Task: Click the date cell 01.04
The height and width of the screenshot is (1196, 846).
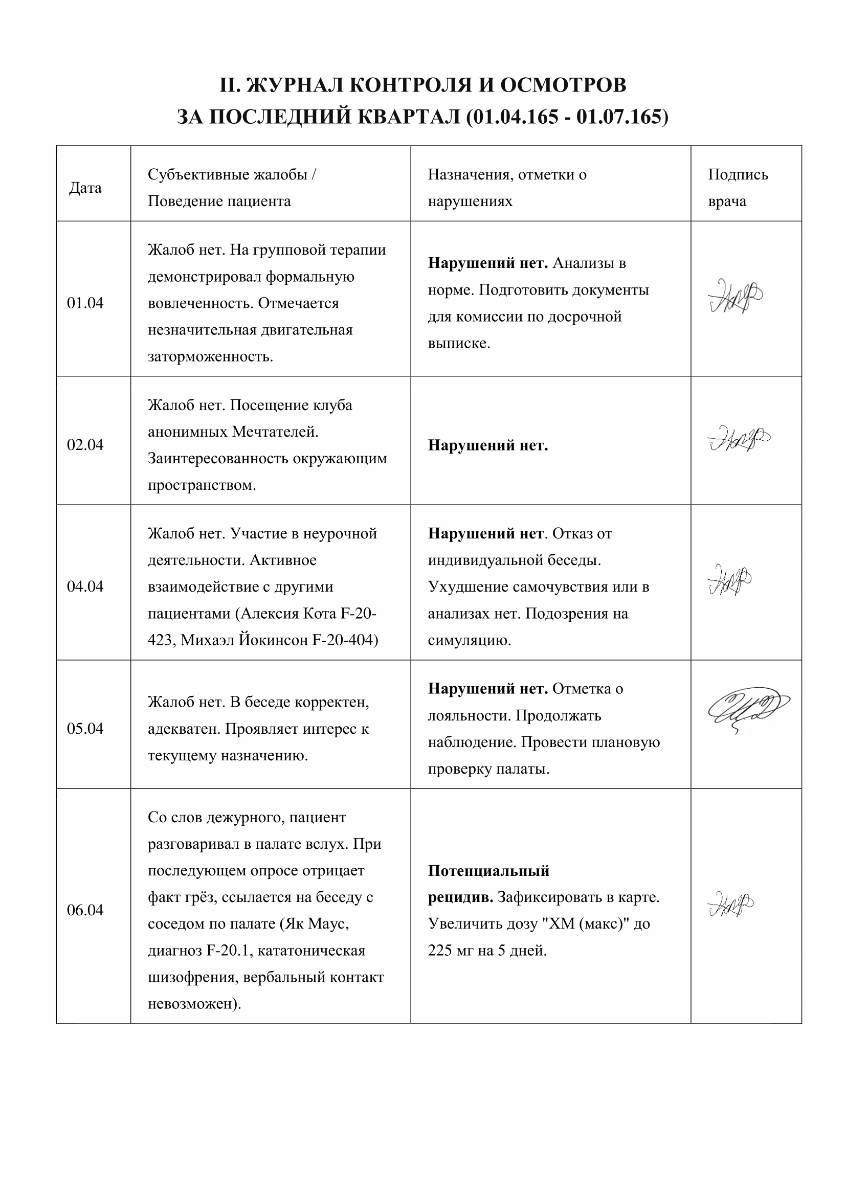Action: pos(85,303)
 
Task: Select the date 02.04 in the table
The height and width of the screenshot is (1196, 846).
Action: pos(85,444)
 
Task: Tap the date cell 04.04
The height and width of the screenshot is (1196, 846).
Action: pos(85,586)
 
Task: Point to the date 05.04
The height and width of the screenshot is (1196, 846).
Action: pos(85,728)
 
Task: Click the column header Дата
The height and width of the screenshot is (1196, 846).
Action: pos(85,188)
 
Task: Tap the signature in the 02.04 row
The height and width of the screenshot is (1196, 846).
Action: pos(739,439)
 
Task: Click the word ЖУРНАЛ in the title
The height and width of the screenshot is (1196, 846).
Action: pos(294,85)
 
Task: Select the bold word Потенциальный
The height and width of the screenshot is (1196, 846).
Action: pos(488,870)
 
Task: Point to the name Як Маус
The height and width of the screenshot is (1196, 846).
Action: pos(314,923)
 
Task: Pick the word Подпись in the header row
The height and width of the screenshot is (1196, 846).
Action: pos(738,174)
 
